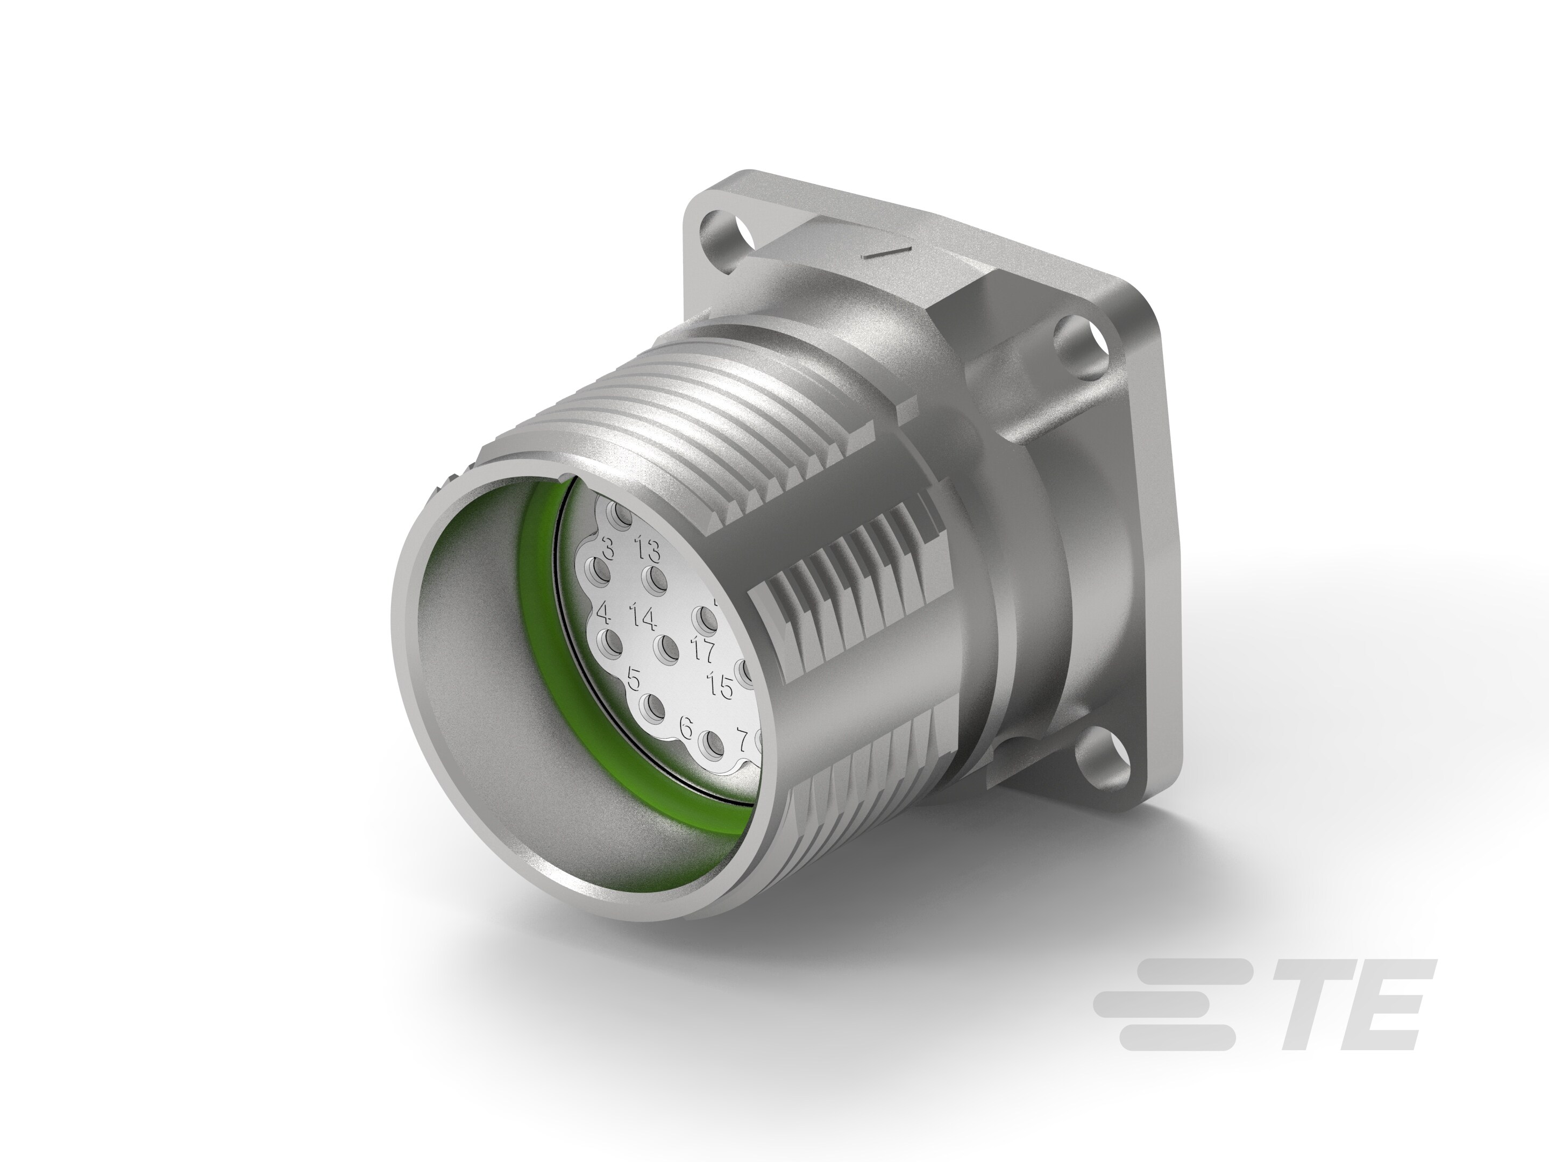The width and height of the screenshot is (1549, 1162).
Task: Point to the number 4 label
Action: click(603, 615)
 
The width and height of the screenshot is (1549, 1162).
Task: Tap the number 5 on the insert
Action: click(635, 679)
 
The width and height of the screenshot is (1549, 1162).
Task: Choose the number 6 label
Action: click(686, 729)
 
